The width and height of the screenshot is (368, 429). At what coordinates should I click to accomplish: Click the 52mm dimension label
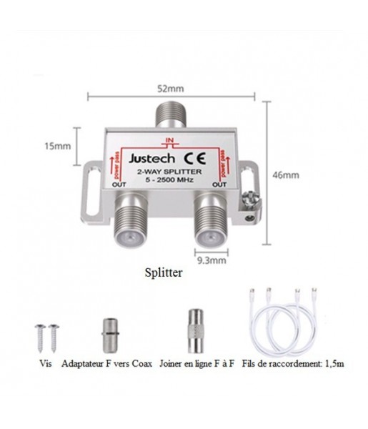pos(170,89)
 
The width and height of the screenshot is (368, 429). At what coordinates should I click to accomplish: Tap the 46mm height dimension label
pos(286,175)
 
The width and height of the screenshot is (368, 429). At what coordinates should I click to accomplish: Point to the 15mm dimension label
pos(58,146)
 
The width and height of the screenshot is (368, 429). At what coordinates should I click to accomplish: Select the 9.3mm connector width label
pos(212,260)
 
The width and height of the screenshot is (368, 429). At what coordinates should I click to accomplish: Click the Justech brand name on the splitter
pos(151,159)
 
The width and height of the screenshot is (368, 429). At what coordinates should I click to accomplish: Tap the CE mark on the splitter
pos(194,159)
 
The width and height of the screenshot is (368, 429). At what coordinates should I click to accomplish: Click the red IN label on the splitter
pos(170,140)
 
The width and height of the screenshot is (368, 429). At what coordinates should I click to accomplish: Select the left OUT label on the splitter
pos(119,184)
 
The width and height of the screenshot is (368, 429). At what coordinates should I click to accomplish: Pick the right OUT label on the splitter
pos(219,184)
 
